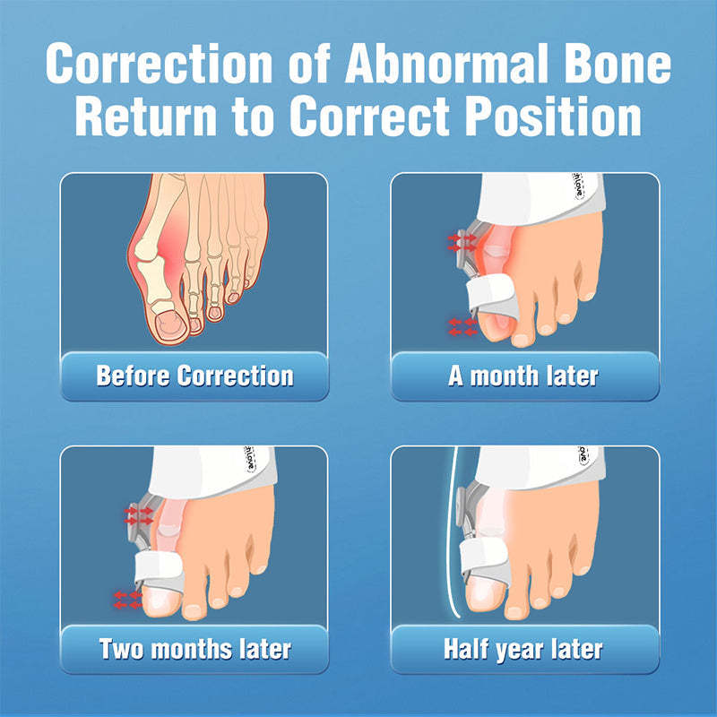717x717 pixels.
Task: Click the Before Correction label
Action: [194, 375]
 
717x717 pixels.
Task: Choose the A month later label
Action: [523, 375]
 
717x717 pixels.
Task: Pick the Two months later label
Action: [194, 648]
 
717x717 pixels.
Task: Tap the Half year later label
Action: [523, 648]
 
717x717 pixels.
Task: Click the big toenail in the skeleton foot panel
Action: [167, 322]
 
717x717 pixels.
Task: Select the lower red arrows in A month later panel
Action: [463, 326]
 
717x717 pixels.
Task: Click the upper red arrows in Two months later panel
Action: [139, 514]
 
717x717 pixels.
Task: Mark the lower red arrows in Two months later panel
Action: [126, 599]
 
